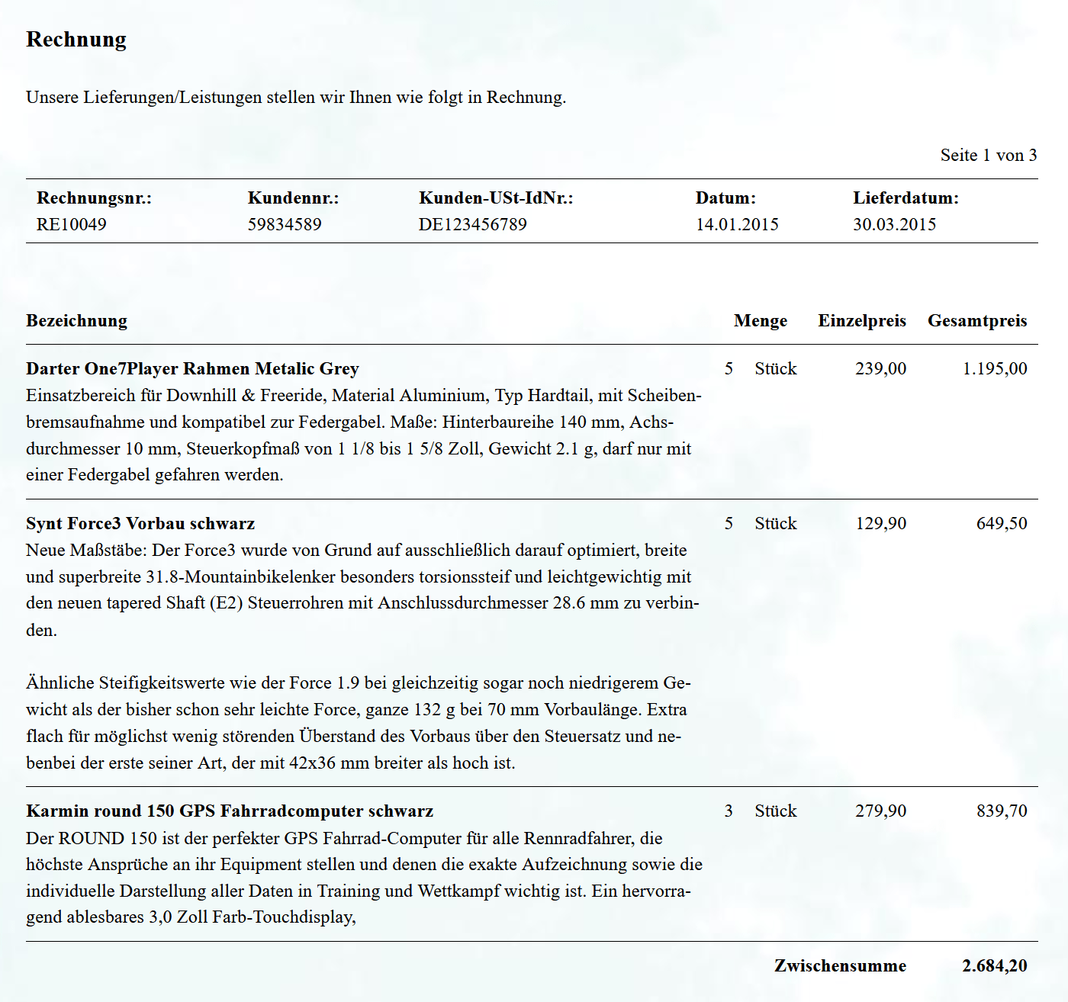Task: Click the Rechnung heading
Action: point(76,40)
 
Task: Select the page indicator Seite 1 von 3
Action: point(988,156)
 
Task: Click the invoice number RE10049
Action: point(72,224)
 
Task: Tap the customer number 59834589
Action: point(285,224)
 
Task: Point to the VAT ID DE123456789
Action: point(473,224)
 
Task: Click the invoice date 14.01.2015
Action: point(737,224)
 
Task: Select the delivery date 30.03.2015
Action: point(894,224)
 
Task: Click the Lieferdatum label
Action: point(906,198)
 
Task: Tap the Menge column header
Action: point(761,321)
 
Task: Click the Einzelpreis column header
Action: point(862,321)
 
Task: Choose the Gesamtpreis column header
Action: point(977,321)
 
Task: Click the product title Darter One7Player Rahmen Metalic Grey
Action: point(192,369)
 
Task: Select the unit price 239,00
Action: point(880,369)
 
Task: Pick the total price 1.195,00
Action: point(995,369)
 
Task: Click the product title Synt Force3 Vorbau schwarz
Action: point(140,524)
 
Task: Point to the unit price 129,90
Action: point(880,524)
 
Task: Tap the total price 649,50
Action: point(1002,524)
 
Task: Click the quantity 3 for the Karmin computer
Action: point(729,811)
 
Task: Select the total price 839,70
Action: point(1002,811)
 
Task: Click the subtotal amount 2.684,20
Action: point(995,966)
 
